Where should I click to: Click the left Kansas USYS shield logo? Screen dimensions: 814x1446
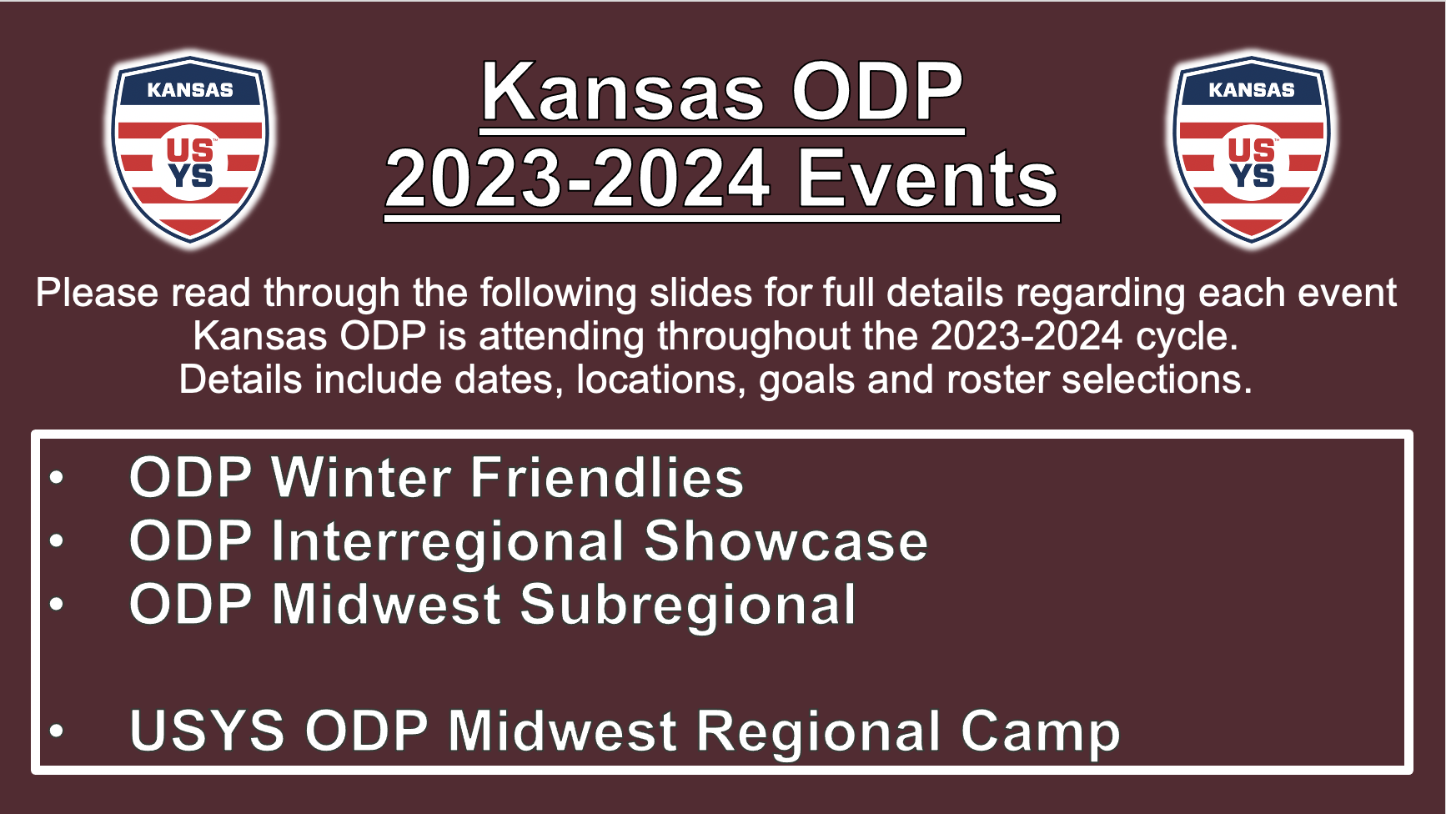[190, 150]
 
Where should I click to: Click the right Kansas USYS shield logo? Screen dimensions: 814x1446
[1251, 150]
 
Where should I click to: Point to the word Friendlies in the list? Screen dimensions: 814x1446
[607, 478]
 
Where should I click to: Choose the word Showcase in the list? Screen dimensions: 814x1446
[786, 541]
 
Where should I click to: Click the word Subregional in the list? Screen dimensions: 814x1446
[688, 605]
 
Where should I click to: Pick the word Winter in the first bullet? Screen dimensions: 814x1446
[362, 478]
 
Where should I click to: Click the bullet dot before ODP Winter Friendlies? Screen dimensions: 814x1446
[57, 478]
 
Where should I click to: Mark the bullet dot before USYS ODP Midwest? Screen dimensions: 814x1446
[57, 731]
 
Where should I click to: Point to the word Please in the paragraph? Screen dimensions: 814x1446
[97, 294]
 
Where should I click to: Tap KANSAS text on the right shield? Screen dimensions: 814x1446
[1251, 90]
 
